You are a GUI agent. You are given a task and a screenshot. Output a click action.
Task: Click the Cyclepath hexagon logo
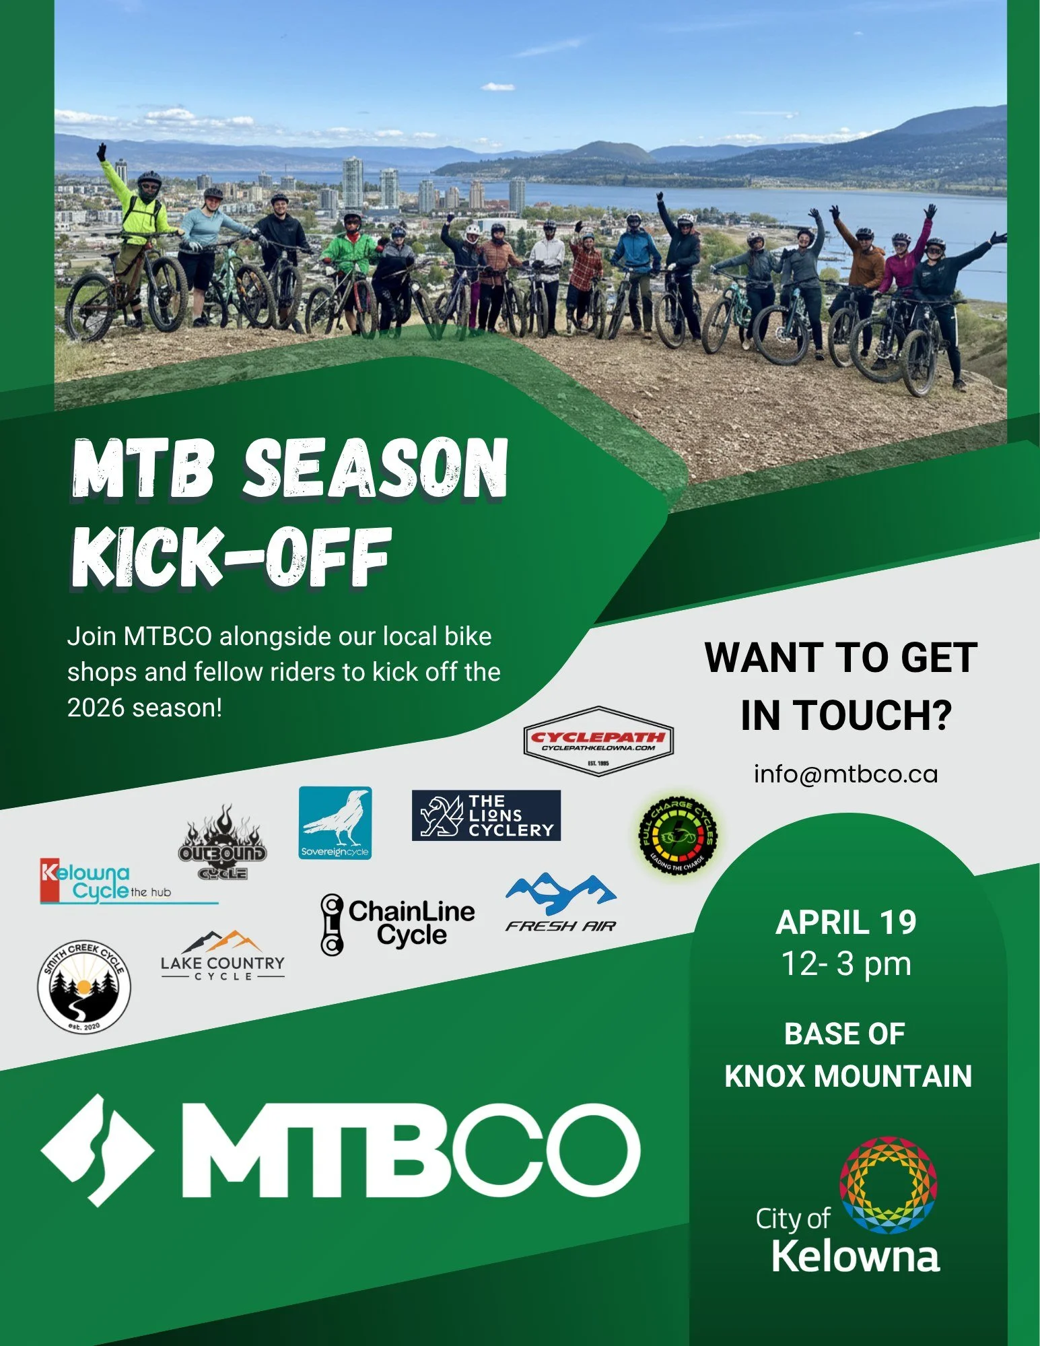[x=598, y=741]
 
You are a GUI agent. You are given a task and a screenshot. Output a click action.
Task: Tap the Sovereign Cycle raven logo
[x=335, y=823]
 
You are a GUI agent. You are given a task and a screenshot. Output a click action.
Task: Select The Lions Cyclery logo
[x=486, y=815]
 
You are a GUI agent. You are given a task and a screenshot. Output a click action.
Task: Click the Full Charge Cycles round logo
[x=678, y=836]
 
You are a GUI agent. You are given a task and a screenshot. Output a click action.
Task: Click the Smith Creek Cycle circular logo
[x=84, y=986]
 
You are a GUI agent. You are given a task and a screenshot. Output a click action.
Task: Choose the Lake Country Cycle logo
[x=222, y=957]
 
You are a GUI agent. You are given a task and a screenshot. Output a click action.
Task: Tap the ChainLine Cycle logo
[x=398, y=924]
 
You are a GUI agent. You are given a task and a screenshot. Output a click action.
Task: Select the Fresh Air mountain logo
[x=561, y=903]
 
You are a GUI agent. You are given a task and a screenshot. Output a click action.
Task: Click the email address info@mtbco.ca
[x=845, y=774]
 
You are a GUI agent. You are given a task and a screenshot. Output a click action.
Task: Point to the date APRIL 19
[x=845, y=922]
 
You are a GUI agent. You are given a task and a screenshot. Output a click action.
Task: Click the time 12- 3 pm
[x=845, y=964]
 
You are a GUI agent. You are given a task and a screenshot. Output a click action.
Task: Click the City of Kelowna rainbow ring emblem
[x=888, y=1186]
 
